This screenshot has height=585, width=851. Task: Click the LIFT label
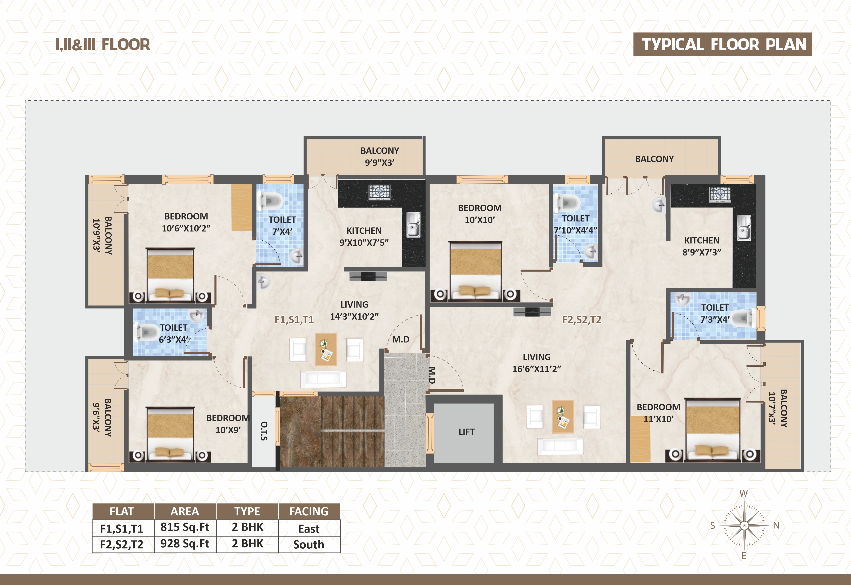click(x=466, y=432)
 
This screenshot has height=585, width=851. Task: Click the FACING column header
click(x=309, y=511)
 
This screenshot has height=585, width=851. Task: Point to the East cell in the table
click(x=309, y=529)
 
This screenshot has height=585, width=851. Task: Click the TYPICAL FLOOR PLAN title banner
click(x=722, y=44)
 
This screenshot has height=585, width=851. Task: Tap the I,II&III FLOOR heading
click(x=103, y=45)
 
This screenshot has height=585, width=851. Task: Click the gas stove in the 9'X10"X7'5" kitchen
click(x=379, y=192)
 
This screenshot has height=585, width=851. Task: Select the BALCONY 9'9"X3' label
click(x=380, y=156)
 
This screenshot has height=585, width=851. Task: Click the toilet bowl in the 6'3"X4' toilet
click(x=146, y=332)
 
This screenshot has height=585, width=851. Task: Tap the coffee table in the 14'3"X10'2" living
click(x=326, y=349)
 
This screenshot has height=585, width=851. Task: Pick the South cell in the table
click(x=309, y=544)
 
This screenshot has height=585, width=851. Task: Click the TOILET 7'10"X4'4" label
click(x=575, y=224)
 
